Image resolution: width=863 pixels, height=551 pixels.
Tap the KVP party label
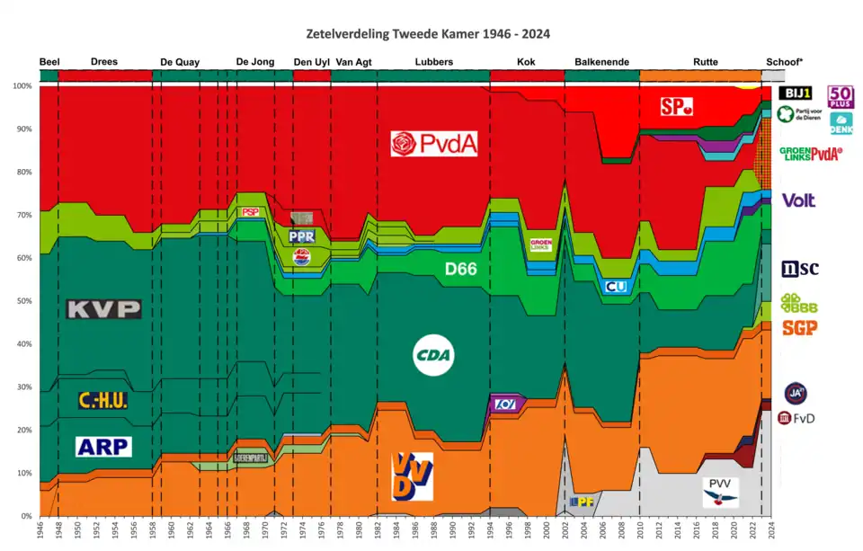104,309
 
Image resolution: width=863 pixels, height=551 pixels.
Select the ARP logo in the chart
104,446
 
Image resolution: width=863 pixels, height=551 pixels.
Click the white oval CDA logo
433,357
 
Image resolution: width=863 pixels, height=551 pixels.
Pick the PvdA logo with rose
433,144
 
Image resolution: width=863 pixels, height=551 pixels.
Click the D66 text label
460,268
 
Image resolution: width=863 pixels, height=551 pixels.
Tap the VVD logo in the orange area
413,475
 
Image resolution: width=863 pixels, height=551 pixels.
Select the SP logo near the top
676,107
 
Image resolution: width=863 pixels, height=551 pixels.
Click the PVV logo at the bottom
720,492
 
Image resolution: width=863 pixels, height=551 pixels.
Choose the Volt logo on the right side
799,200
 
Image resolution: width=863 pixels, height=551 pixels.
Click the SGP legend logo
799,328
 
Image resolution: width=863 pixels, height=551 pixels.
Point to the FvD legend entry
796,418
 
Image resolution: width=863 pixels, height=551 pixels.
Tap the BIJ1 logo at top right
796,93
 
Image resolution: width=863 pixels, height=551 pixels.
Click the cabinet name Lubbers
433,62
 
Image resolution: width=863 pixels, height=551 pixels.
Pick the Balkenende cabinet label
601,62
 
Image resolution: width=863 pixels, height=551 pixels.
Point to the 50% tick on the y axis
22,301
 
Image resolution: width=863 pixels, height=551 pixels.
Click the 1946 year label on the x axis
41,531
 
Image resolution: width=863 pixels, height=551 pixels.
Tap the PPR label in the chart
301,236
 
